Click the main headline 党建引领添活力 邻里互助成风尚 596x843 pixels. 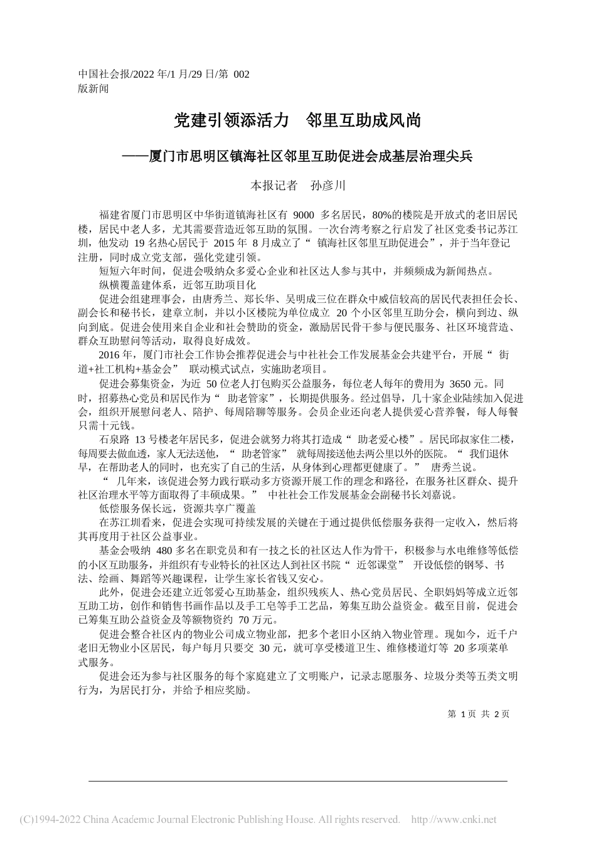(297, 120)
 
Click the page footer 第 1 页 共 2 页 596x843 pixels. (478, 714)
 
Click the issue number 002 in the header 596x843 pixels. (241, 75)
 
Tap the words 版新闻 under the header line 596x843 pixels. (93, 88)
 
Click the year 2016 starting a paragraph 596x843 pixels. (109, 355)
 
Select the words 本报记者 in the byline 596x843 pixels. (274, 186)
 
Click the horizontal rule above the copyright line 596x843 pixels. (297, 781)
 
